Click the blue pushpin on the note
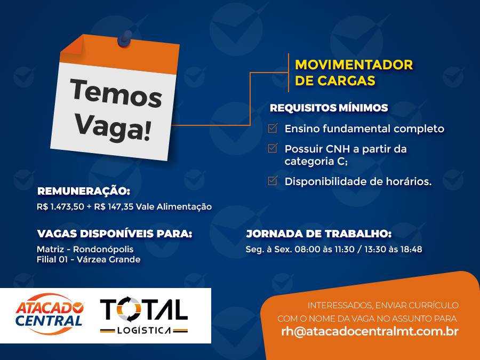point(125,38)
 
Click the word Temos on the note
point(116,93)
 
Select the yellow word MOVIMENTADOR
point(354,65)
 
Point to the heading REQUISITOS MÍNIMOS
point(329,108)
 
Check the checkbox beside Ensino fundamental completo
point(273,128)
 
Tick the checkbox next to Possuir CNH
point(273,148)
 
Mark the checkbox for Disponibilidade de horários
point(273,181)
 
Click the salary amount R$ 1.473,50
point(60,206)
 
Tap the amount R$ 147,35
point(114,206)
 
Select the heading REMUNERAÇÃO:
point(84,191)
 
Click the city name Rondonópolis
point(103,249)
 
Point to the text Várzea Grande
point(108,260)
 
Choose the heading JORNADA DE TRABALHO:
point(319,234)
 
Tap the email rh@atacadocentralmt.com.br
point(370,332)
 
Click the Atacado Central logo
point(50,314)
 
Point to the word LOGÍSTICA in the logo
point(144,331)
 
